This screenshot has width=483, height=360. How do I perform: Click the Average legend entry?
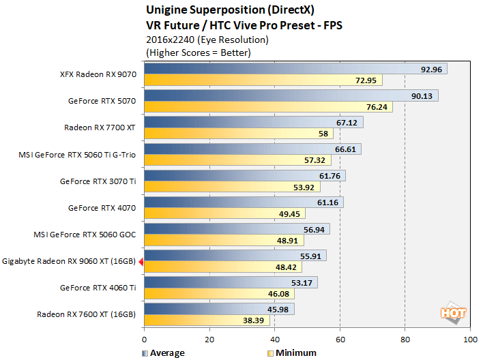[163, 352]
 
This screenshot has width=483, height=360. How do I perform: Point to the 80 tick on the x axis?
[405, 339]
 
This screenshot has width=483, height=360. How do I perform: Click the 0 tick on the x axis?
[144, 339]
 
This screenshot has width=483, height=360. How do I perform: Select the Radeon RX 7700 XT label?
[100, 127]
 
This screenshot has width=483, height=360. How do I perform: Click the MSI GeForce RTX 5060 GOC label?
[85, 235]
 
